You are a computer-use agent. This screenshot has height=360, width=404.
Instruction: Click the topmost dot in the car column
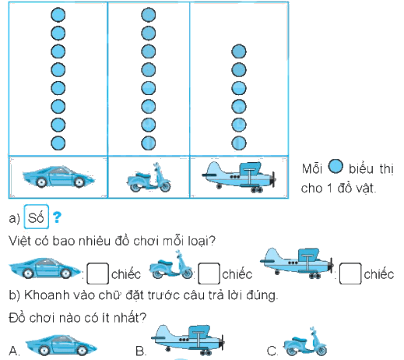[58, 15]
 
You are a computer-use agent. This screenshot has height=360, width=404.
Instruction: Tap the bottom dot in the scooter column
[149, 143]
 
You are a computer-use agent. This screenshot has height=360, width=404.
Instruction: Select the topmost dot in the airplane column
[239, 51]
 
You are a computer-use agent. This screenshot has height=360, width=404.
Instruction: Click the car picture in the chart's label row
[58, 176]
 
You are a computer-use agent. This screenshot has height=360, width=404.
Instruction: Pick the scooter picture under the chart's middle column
[149, 178]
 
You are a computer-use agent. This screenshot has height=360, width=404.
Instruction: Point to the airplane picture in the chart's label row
[239, 177]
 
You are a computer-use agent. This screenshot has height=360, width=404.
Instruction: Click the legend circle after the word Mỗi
[335, 167]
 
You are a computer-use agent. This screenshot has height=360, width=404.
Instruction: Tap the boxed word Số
[36, 217]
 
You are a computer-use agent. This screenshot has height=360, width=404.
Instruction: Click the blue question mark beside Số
[57, 217]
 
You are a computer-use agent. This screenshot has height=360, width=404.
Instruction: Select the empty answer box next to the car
[97, 274]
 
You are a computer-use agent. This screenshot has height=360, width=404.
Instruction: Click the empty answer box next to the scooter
[209, 274]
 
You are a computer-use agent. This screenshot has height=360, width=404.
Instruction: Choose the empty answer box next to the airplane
[350, 274]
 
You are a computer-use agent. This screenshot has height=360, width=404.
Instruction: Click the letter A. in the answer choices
[14, 351]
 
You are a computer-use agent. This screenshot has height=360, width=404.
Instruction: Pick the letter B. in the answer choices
[141, 351]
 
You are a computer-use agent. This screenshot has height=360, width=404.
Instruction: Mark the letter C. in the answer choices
[272, 351]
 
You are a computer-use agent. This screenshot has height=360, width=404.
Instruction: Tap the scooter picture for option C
[305, 341]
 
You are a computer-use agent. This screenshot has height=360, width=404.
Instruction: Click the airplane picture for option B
[188, 340]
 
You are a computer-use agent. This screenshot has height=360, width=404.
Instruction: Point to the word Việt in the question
[19, 241]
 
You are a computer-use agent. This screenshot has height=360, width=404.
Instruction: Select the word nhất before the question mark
[126, 317]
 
